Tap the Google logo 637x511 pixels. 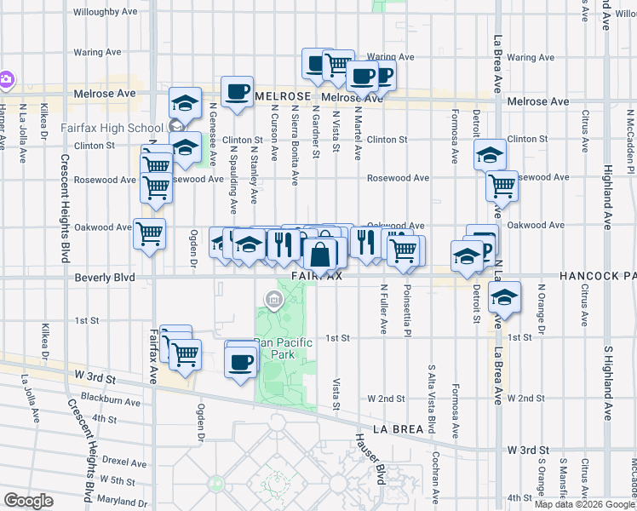[28, 500]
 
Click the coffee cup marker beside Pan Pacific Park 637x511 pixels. [240, 361]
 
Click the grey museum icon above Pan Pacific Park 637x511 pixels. [273, 298]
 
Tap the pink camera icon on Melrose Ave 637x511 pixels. [5, 79]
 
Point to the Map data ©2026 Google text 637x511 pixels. [585, 504]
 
